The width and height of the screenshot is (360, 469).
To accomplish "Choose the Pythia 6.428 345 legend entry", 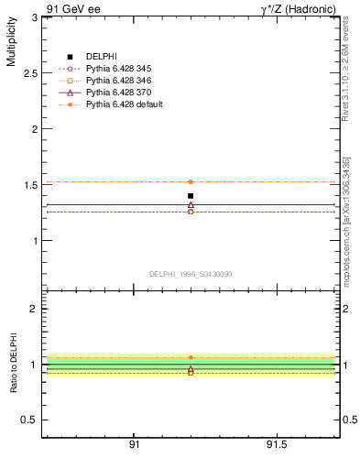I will point(117,69).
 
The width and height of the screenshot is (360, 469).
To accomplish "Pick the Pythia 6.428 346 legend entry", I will point(117,81).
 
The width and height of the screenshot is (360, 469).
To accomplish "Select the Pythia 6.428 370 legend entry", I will point(117,93).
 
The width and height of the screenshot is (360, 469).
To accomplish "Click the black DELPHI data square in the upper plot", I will point(191,195).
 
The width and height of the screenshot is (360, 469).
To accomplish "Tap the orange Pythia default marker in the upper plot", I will point(191,181).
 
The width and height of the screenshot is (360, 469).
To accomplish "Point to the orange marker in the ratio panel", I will point(191,357).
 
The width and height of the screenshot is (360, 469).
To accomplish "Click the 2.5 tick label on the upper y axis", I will point(30,72).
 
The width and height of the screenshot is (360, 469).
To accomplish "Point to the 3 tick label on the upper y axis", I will point(35,16).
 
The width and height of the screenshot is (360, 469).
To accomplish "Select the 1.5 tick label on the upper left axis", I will point(30,185).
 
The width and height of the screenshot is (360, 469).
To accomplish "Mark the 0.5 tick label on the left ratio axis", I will point(30,420).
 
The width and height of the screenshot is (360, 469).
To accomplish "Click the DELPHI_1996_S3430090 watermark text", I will point(190,273).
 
